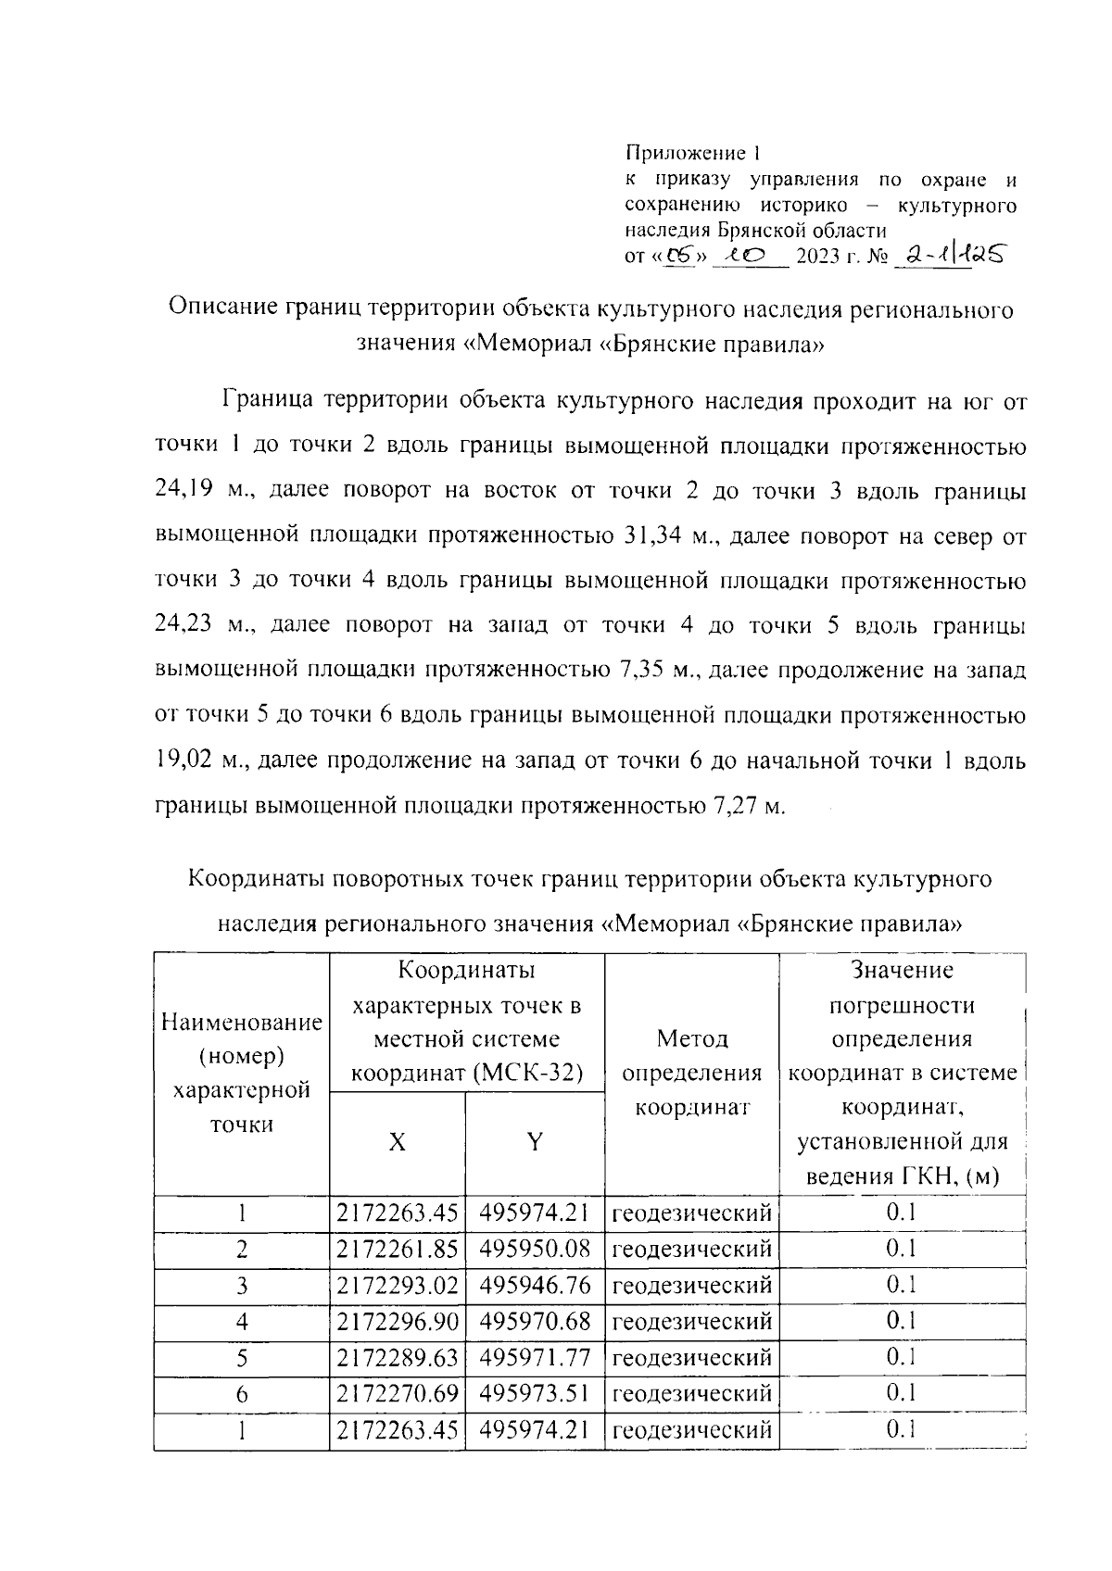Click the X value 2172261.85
tap(398, 1250)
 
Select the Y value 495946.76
tap(535, 1286)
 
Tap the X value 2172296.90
tap(398, 1322)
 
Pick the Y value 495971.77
tap(535, 1358)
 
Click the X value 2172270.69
tap(398, 1394)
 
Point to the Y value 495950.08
tap(535, 1250)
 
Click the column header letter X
tap(397, 1143)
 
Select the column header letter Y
tap(535, 1143)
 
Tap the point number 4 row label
tap(242, 1322)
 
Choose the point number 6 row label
tap(242, 1395)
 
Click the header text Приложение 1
tap(692, 152)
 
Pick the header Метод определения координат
tap(691, 1073)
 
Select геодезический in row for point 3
tap(691, 1286)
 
